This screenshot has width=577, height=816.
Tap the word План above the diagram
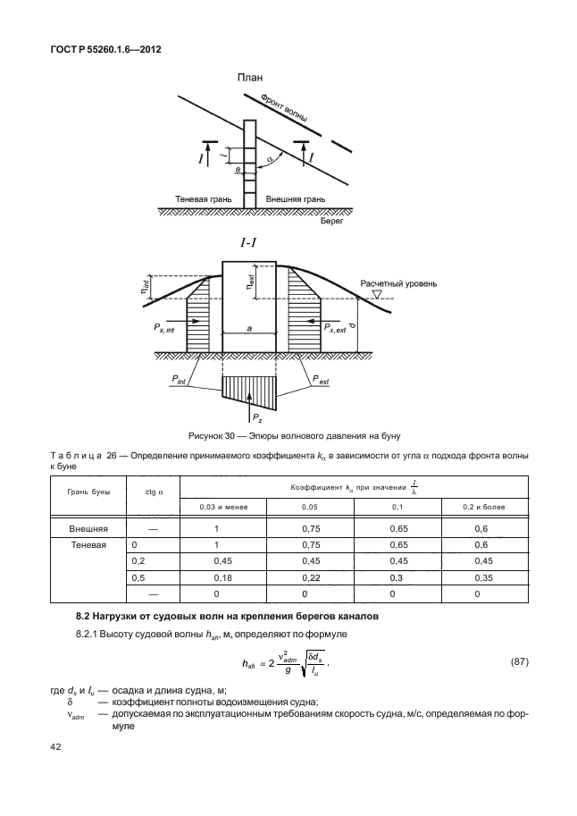coord(249,79)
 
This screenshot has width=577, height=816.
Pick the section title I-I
coord(249,242)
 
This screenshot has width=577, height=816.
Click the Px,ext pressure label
coord(338,330)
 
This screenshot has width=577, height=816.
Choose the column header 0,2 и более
coord(482,507)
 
